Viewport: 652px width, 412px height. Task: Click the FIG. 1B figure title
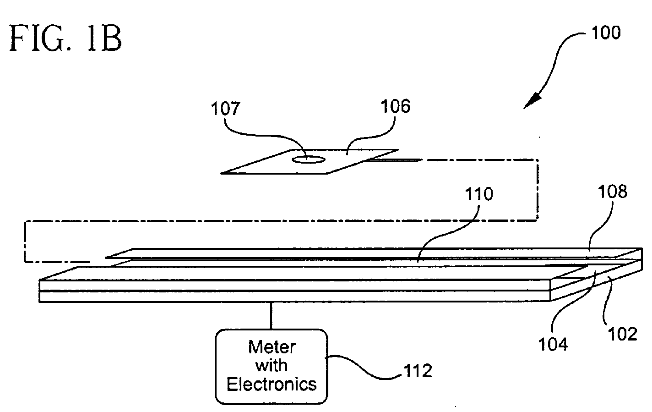coord(65,38)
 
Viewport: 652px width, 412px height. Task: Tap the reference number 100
coord(606,33)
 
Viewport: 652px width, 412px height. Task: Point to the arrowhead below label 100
coord(533,101)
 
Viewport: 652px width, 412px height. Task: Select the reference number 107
coord(225,109)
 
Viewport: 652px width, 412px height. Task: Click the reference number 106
coord(396,106)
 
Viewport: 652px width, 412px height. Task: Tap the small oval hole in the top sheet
coord(309,159)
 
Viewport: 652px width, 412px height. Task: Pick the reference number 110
coord(479,194)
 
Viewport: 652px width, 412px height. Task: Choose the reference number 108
coord(613,192)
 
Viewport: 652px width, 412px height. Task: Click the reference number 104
coord(553,344)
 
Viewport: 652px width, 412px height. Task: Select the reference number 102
coord(623,334)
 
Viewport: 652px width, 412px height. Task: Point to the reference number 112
coord(418,371)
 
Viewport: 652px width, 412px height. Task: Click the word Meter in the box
coord(272,347)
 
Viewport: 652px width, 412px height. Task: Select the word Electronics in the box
coord(272,384)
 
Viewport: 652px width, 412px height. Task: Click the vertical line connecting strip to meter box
coord(271,316)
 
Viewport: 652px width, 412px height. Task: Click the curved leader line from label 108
coord(600,228)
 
